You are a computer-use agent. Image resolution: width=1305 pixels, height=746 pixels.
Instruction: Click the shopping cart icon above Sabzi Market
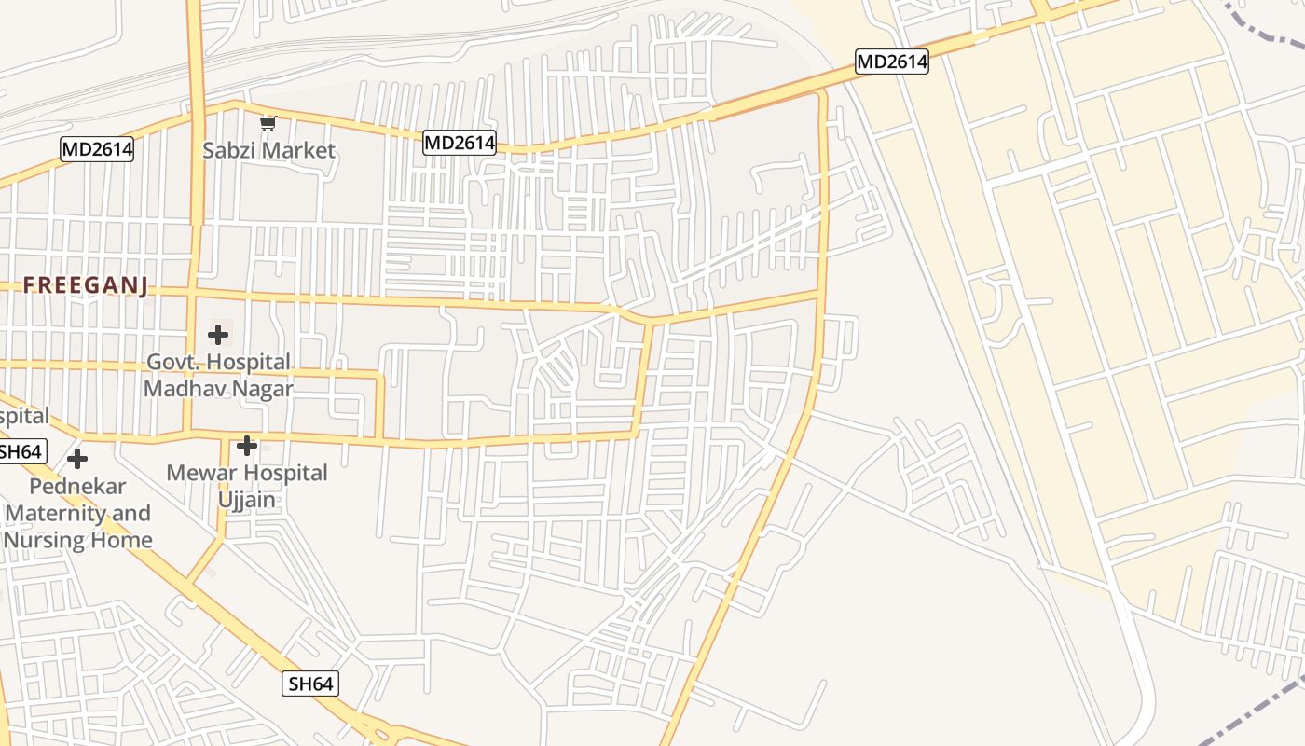tap(268, 123)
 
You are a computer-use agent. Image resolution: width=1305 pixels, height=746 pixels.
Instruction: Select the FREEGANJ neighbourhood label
tap(86, 285)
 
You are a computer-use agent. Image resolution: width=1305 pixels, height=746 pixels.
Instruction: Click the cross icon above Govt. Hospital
tap(218, 334)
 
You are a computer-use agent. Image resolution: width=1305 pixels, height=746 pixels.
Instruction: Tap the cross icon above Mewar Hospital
tap(246, 446)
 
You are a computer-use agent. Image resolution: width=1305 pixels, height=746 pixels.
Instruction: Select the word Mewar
tap(200, 473)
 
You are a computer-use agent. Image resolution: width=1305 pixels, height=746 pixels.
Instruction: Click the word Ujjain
tap(247, 499)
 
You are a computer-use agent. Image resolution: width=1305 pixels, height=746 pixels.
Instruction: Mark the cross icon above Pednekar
tap(77, 459)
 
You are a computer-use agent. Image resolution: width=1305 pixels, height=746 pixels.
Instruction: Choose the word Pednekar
tap(77, 486)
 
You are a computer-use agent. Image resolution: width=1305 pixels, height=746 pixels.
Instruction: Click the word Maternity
tap(54, 513)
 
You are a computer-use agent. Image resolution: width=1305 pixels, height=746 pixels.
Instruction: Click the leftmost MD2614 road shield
tap(97, 149)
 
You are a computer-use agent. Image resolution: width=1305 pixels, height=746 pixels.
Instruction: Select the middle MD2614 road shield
tap(460, 143)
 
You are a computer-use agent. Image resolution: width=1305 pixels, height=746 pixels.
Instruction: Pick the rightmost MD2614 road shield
tap(892, 62)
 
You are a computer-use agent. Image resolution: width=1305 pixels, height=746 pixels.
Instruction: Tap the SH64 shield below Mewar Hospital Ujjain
tap(310, 684)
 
